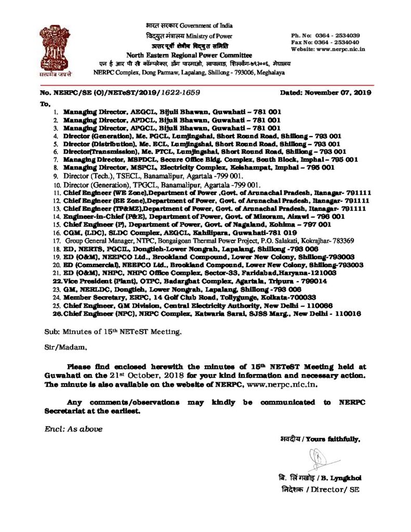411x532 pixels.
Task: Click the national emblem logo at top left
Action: [x=55, y=50]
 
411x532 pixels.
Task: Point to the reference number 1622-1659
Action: [x=180, y=92]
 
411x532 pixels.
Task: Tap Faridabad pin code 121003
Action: [x=323, y=273]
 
